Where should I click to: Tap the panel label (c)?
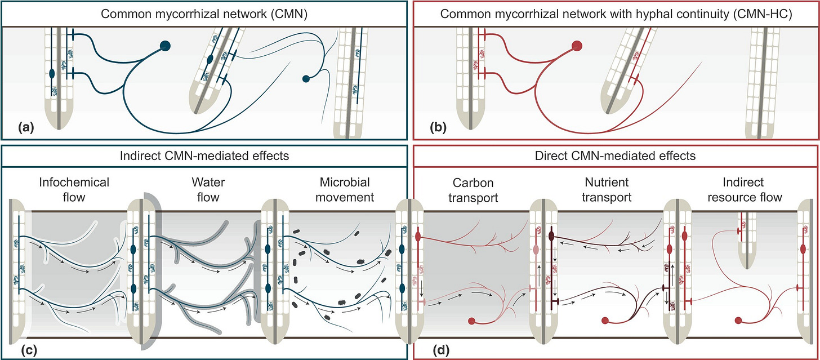[x=29, y=350]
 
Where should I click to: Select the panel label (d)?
[x=441, y=350]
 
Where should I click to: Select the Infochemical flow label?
[x=74, y=190]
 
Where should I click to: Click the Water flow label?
[x=208, y=190]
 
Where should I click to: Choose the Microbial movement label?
[x=345, y=190]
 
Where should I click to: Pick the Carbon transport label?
[x=473, y=190]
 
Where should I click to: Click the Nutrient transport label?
[x=607, y=190]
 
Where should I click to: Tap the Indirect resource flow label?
[x=745, y=190]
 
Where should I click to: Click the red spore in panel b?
[x=577, y=46]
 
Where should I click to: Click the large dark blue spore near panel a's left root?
[x=166, y=46]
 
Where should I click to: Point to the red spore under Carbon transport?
[x=471, y=321]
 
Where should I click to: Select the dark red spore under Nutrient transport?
[x=605, y=321]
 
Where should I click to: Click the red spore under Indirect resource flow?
[x=738, y=321]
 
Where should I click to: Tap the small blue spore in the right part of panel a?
[x=306, y=78]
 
